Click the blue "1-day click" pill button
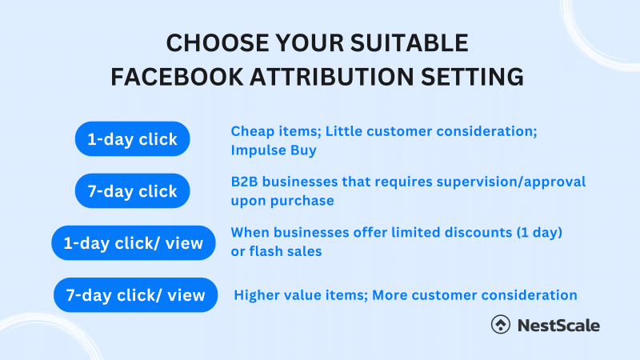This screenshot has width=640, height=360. point(132,139)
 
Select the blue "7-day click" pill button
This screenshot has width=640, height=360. point(132,191)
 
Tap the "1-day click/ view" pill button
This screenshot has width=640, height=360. point(134,242)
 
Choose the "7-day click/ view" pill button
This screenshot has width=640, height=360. point(135,294)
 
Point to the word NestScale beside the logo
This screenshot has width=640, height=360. point(558,325)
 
